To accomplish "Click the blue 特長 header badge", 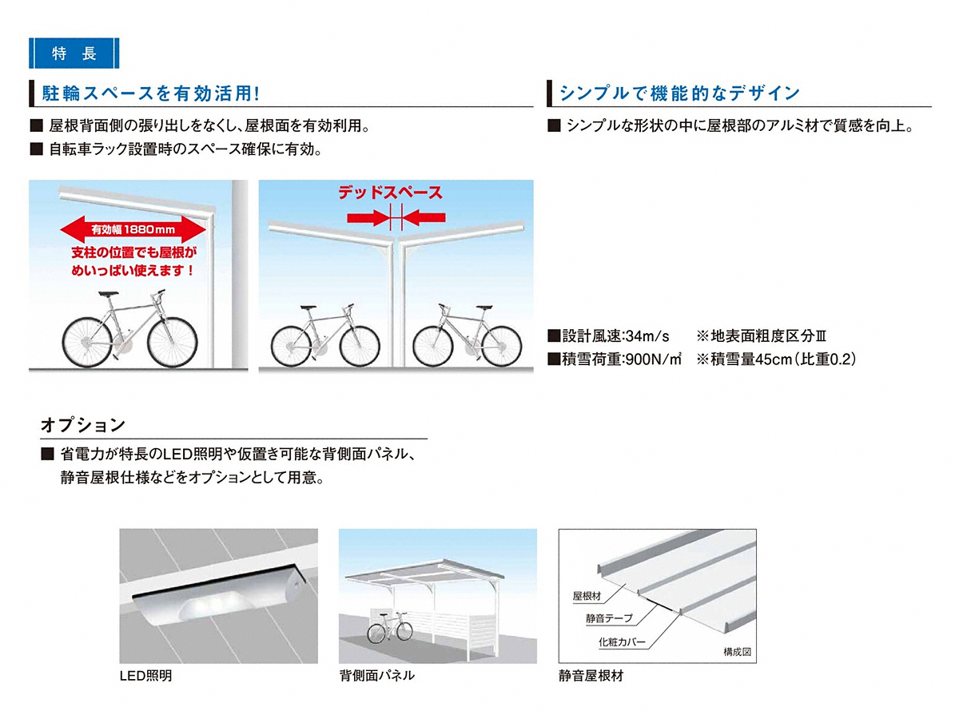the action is (x=74, y=54).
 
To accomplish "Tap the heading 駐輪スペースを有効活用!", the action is (x=151, y=93).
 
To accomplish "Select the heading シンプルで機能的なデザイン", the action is (x=679, y=93).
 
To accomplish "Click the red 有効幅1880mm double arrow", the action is (x=133, y=229).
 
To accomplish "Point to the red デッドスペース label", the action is (x=390, y=193).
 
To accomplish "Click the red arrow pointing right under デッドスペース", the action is (x=368, y=217).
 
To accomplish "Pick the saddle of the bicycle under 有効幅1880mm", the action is (x=108, y=293).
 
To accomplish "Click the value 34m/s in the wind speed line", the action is (x=647, y=336).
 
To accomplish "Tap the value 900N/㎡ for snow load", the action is (x=654, y=359).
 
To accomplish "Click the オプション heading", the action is (x=83, y=425).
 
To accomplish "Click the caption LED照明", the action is (x=146, y=676).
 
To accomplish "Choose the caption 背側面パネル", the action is (x=377, y=676).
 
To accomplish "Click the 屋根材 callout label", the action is (x=587, y=596).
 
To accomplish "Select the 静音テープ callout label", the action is (x=609, y=618).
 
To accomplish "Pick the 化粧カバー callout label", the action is (x=622, y=642).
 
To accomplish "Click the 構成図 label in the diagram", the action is (x=737, y=652).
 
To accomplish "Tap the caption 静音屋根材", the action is (x=591, y=676).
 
